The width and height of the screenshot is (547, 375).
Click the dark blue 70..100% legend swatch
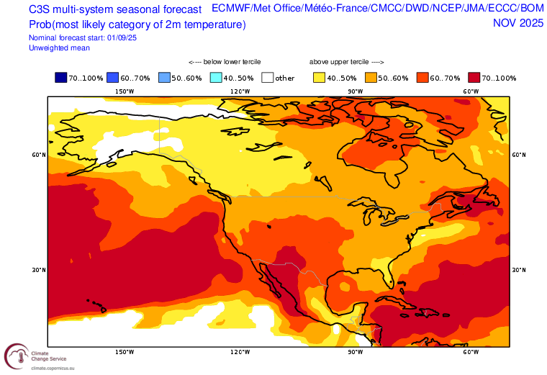click(60, 78)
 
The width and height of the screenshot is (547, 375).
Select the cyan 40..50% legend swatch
click(216, 78)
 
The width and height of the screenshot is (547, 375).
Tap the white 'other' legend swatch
click(268, 78)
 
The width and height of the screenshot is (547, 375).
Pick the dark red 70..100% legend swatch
click(474, 78)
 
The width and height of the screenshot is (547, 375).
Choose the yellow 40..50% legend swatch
click(319, 78)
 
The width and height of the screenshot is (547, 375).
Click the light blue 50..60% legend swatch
click(164, 78)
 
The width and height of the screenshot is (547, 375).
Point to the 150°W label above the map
click(125, 91)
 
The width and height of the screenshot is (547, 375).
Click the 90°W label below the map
click(356, 352)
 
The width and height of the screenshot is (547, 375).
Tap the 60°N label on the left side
click(39, 155)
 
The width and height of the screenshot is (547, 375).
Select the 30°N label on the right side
click(519, 270)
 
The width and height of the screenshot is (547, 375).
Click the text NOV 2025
click(518, 23)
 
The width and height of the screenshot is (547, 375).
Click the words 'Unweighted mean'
click(59, 48)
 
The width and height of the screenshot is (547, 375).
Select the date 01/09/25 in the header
click(122, 37)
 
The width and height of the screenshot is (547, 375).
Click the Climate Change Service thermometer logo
click(17, 356)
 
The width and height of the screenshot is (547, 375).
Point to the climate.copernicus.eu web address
click(53, 368)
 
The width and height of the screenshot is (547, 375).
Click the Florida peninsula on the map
click(386, 274)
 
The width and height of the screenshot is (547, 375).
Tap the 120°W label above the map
click(240, 91)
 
